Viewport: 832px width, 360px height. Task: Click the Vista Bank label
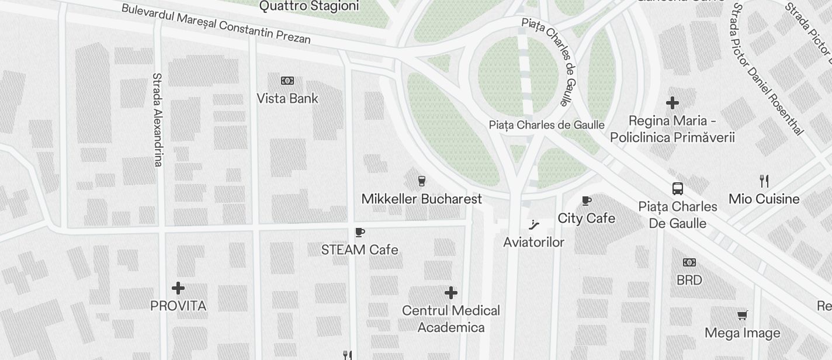[287, 98]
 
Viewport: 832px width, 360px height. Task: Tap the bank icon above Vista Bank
[287, 81]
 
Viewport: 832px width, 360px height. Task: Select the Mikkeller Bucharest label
[421, 199]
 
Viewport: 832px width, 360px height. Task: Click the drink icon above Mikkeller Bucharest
[421, 181]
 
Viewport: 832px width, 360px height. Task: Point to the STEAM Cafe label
[359, 250]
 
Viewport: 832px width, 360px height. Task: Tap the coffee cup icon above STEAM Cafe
[360, 233]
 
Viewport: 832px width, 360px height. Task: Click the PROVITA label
[178, 306]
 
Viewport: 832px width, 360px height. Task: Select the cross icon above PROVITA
[178, 288]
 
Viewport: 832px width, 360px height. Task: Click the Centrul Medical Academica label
[451, 319]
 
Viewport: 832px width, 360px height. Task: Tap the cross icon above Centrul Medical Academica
[451, 293]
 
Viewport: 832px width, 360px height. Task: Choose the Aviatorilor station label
[533, 242]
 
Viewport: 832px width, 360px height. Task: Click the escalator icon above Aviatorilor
[533, 224]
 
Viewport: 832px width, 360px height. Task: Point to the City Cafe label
[586, 218]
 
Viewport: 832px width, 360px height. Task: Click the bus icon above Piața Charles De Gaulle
[678, 189]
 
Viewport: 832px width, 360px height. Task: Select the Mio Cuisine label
[764, 199]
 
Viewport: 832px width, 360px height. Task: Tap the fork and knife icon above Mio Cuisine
[764, 181]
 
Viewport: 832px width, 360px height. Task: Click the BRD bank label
[689, 280]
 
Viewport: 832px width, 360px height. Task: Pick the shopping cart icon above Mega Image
[742, 316]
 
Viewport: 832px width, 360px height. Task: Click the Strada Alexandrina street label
[157, 120]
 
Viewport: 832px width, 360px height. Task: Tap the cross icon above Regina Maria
[672, 103]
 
